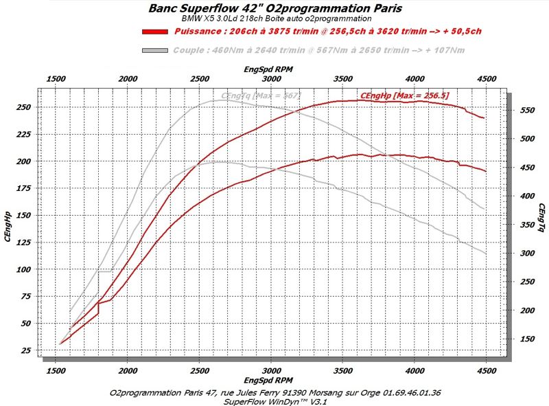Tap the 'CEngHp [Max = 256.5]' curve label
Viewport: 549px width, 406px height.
404,95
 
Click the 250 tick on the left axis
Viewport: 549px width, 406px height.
28,108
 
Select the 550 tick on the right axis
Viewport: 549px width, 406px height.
528,110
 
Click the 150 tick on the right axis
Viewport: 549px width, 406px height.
528,339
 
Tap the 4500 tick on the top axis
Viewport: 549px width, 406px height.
485,80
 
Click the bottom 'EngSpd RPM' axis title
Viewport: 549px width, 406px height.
270,380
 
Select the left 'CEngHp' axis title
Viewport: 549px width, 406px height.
8,227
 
